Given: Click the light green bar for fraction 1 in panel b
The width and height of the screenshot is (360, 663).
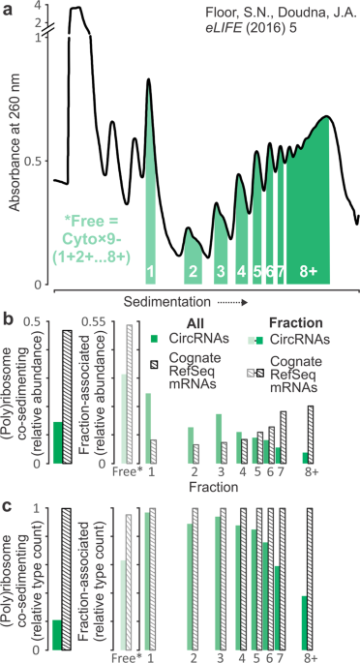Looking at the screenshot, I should (148, 429).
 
